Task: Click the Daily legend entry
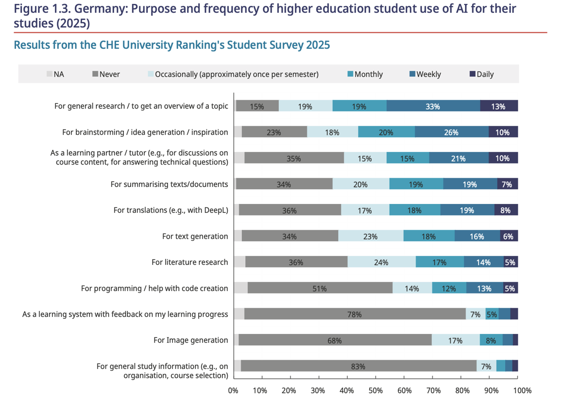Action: (481, 74)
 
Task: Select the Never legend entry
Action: (106, 74)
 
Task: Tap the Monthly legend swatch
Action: (350, 74)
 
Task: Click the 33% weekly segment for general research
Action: (432, 106)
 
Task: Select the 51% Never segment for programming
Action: (319, 288)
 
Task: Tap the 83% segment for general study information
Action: (358, 366)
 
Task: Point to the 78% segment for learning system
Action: (354, 314)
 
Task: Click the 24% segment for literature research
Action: (381, 262)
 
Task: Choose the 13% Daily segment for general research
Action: (498, 106)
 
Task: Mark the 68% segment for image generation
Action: (334, 340)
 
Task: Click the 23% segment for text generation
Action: (370, 237)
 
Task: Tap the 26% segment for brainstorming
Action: (451, 132)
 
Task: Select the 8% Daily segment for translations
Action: (505, 210)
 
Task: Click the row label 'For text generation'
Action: (195, 237)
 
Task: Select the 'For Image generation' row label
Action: (190, 340)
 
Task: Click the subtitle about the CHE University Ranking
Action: (171, 45)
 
